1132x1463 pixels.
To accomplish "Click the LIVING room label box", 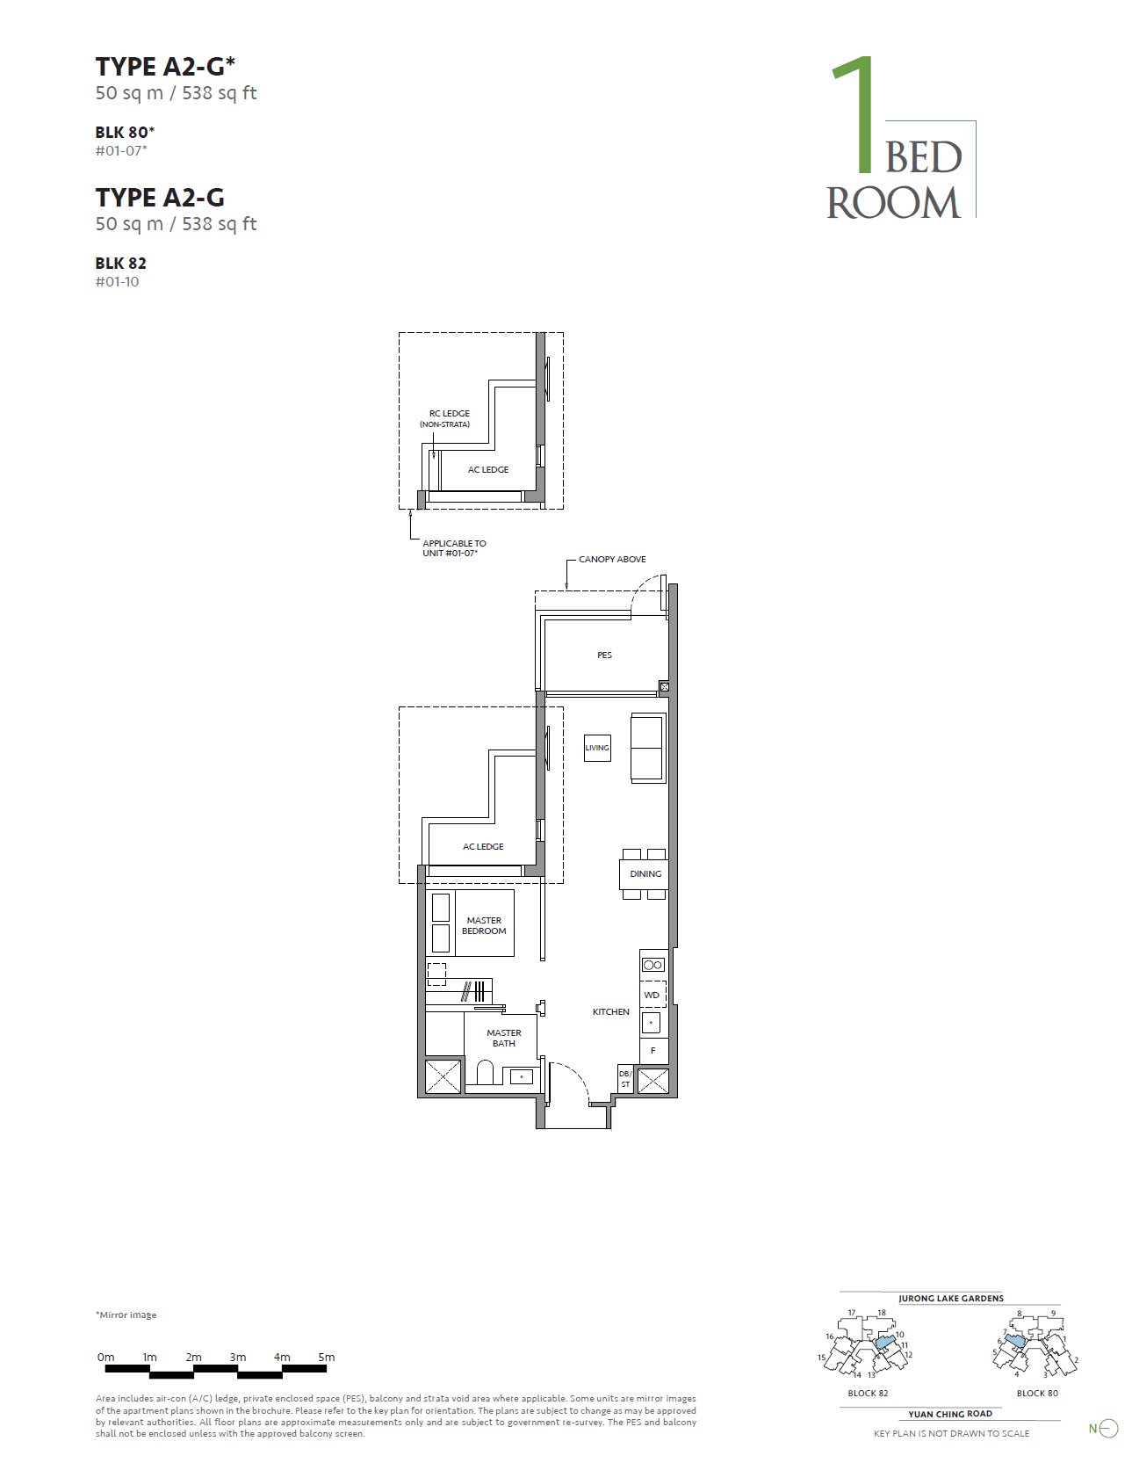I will [597, 748].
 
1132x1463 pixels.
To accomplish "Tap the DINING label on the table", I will [645, 873].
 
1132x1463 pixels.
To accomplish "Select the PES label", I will [604, 655].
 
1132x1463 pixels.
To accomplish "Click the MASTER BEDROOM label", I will [484, 925].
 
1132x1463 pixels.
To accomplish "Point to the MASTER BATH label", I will [504, 1038].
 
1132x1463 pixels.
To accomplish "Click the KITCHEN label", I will [610, 1011].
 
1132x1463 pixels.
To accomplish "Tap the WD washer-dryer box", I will [653, 995].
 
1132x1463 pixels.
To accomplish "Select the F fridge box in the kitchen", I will [653, 1050].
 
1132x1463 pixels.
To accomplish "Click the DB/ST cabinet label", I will [625, 1079].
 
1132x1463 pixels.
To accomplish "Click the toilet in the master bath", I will [486, 1072].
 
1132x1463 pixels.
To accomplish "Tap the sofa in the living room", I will [648, 748].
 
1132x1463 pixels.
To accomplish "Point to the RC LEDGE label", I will [449, 413].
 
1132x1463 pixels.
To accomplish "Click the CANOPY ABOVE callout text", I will [612, 559].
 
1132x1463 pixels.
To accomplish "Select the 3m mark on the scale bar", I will [238, 1357].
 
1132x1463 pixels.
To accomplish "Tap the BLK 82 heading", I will [121, 263].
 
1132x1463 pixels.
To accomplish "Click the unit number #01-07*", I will [121, 150].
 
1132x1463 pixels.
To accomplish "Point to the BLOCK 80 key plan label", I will [1037, 1393].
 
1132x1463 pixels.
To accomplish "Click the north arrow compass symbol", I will [1108, 1429].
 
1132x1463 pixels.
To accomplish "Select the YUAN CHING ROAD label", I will [950, 1414].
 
